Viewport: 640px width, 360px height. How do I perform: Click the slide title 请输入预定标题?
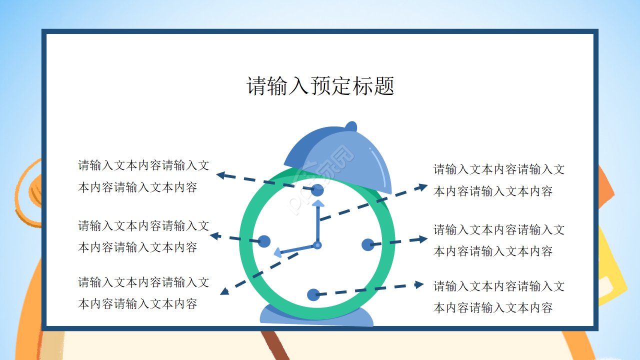pyautogui.click(x=320, y=86)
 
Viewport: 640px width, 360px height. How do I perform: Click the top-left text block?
pyautogui.click(x=143, y=176)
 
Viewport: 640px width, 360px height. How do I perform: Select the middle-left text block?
pyautogui.click(x=143, y=236)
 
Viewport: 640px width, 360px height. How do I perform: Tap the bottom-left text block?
pyautogui.click(x=143, y=292)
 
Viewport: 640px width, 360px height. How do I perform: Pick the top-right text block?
pyautogui.click(x=498, y=180)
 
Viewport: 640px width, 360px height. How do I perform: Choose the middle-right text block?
pyautogui.click(x=498, y=240)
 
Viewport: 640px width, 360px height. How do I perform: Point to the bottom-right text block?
pyautogui.click(x=498, y=296)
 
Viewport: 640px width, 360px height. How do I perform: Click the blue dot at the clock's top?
pyautogui.click(x=317, y=190)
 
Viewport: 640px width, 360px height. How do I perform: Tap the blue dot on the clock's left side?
pyautogui.click(x=264, y=241)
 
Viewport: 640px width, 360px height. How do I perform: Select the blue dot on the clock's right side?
pyautogui.click(x=367, y=244)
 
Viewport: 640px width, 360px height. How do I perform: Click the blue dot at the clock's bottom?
pyautogui.click(x=313, y=295)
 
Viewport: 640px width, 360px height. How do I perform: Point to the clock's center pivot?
pyautogui.click(x=317, y=245)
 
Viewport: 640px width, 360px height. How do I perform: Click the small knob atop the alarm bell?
pyautogui.click(x=351, y=126)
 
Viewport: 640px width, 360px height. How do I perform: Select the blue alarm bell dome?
pyautogui.click(x=345, y=157)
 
